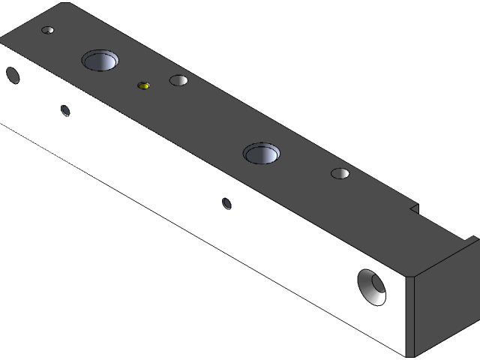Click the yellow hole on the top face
click(x=144, y=85)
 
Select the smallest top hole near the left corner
click(x=48, y=31)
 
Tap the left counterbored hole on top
click(x=101, y=60)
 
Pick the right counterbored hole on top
click(x=262, y=154)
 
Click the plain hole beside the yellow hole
click(x=178, y=80)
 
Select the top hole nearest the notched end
click(x=340, y=174)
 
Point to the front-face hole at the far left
click(x=12, y=74)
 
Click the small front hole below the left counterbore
click(x=65, y=111)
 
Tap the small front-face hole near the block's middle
click(x=226, y=202)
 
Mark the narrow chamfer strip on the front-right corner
click(x=410, y=315)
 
